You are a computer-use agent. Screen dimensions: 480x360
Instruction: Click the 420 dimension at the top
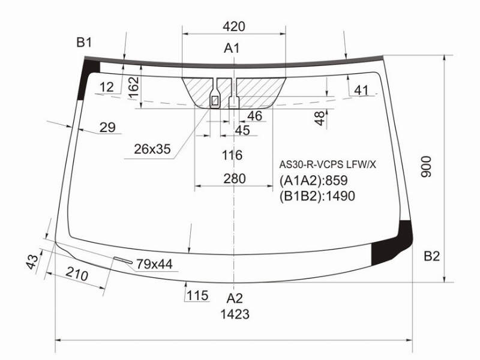pos(234,26)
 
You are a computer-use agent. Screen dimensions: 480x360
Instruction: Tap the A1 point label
pos(232,48)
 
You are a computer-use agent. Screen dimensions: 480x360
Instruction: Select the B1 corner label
pos(84,42)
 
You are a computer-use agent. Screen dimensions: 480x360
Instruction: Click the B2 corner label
pos(431,256)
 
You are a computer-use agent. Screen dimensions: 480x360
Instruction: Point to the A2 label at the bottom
pos(235,298)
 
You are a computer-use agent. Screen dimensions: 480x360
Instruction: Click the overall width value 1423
pos(235,314)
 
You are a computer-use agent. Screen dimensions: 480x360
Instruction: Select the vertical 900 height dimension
pos(426,167)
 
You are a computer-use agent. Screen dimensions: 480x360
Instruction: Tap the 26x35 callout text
pos(152,149)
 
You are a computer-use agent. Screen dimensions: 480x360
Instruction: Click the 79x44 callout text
pos(154,264)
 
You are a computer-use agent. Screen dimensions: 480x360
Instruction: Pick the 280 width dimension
pos(235,179)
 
